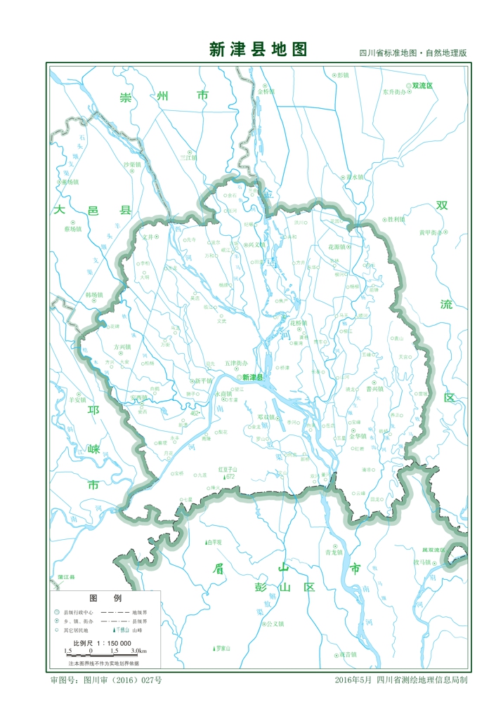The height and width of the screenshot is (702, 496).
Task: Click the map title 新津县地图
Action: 258,49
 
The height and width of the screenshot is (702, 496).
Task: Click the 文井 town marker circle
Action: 157,237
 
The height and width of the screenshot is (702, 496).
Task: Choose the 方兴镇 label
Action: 122,347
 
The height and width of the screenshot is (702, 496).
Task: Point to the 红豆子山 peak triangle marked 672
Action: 224,477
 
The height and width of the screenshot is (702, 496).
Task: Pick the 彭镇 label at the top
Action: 342,74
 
